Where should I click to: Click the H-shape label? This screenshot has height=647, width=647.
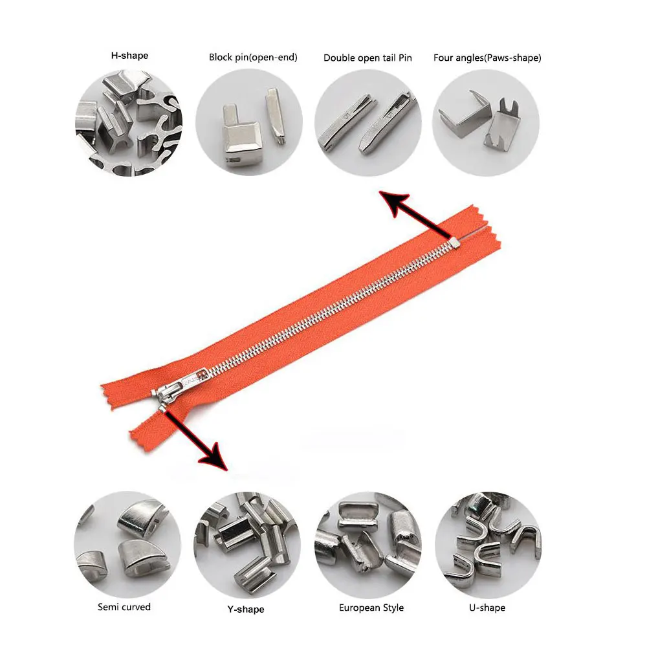[129, 56]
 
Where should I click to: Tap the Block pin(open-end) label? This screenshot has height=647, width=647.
[253, 58]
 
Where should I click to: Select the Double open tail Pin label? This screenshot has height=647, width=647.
[367, 58]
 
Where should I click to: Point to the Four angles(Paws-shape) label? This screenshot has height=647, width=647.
[487, 58]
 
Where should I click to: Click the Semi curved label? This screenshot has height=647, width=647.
[124, 607]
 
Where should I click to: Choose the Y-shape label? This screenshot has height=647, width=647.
[247, 609]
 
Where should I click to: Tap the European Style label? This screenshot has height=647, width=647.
[371, 608]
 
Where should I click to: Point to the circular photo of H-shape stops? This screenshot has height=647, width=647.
[129, 124]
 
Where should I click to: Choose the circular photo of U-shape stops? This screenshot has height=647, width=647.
[487, 542]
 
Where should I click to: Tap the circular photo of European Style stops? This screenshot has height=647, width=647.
[367, 542]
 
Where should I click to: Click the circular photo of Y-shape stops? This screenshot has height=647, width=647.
[247, 542]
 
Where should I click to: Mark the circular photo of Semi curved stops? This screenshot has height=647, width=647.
[127, 542]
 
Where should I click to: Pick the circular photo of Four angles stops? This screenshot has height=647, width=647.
[486, 123]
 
